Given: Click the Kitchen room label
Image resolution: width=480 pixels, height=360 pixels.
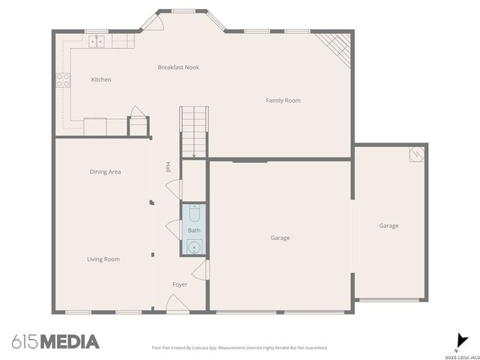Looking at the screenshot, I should pos(101,79).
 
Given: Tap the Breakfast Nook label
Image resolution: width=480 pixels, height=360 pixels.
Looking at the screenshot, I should pos(178,67).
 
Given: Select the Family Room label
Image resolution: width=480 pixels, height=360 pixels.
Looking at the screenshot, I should pos(283,100).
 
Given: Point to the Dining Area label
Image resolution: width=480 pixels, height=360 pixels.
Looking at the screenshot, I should pos(105,172).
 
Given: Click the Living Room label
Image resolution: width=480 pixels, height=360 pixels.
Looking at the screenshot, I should pos(103,259).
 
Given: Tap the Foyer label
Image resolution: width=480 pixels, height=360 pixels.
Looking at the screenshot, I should pos(180,284).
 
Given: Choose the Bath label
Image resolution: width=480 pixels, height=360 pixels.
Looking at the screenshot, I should pos(194,230).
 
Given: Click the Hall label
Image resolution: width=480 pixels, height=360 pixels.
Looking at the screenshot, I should pos(168,166).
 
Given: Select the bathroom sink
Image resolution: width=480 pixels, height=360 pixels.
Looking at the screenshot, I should pos(194,246).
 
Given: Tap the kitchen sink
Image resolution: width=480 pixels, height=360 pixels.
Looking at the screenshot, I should pos(97,41).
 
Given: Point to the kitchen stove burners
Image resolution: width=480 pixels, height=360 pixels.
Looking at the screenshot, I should pos(64,79).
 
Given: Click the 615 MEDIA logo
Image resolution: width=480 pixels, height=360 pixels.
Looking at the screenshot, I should pos(55,342).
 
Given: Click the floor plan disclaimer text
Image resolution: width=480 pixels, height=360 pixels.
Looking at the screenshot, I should pos(240,348).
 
